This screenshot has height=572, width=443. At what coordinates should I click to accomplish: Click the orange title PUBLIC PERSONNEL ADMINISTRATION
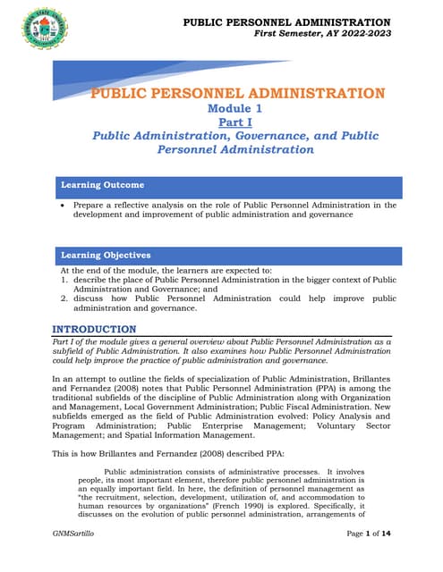click(239, 94)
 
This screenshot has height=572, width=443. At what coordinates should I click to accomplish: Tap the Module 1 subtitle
click(238, 108)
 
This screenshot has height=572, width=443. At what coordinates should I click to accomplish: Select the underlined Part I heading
click(238, 123)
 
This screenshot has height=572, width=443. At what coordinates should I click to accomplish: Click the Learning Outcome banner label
click(102, 185)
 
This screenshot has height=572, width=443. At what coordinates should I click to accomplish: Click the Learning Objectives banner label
click(106, 256)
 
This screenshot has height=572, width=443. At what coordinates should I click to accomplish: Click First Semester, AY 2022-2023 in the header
click(322, 32)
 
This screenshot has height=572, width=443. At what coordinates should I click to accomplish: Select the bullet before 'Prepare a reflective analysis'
click(62, 206)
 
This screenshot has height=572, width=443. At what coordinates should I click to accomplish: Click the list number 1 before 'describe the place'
click(64, 280)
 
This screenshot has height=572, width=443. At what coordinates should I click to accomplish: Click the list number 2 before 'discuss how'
click(64, 299)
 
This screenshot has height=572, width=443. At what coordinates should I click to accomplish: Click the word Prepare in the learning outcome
click(89, 206)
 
